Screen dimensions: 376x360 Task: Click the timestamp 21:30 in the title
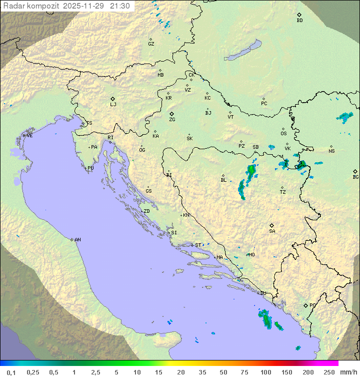coord(121,6)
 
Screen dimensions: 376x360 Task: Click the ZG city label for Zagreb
coord(172,120)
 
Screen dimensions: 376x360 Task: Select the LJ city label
coord(113,104)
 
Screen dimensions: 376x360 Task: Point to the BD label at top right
coord(299,21)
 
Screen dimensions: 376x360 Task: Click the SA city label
coord(272,231)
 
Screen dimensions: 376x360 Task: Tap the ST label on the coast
coord(198,245)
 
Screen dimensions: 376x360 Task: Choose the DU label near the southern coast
coord(263,293)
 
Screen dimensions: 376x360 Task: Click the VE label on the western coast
coord(29,136)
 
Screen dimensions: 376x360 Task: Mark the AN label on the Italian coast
coord(77,240)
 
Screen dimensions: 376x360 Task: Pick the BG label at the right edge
coord(355,177)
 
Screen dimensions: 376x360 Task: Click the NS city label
coord(331,151)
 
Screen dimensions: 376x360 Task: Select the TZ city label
coord(283,192)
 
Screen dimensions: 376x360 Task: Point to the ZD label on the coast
coord(146,211)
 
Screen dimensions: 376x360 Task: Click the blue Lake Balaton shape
coord(244,51)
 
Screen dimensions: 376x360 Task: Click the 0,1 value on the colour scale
coord(11,372)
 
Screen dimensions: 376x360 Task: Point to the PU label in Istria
coord(90,168)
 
